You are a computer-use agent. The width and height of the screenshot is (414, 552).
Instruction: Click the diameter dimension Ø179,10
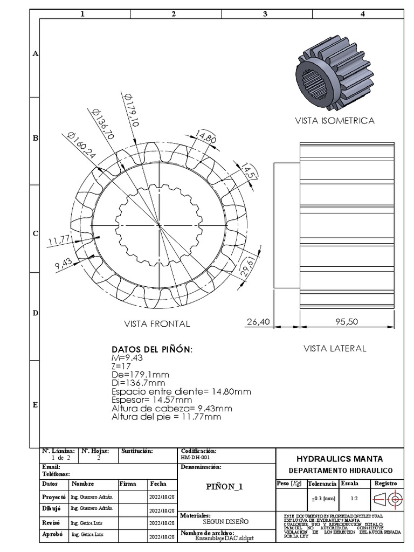click(x=132, y=110)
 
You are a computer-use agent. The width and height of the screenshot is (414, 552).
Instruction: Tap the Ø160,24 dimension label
click(x=81, y=145)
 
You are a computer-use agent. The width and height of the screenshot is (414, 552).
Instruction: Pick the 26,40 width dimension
click(x=258, y=322)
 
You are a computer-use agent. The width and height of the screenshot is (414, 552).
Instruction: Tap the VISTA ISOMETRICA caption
click(x=334, y=121)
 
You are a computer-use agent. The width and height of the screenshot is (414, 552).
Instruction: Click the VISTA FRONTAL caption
click(x=157, y=324)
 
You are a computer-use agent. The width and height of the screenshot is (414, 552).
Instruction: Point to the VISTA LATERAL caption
click(x=334, y=348)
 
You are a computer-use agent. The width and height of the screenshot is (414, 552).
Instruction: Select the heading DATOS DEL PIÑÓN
click(x=151, y=350)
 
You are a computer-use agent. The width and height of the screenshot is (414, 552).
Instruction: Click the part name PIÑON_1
click(x=225, y=486)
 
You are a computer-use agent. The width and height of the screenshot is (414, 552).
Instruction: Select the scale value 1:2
click(x=354, y=499)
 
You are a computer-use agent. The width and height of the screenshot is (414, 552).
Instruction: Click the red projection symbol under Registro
click(x=388, y=499)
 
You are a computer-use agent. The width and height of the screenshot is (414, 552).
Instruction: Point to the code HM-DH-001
click(x=196, y=457)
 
